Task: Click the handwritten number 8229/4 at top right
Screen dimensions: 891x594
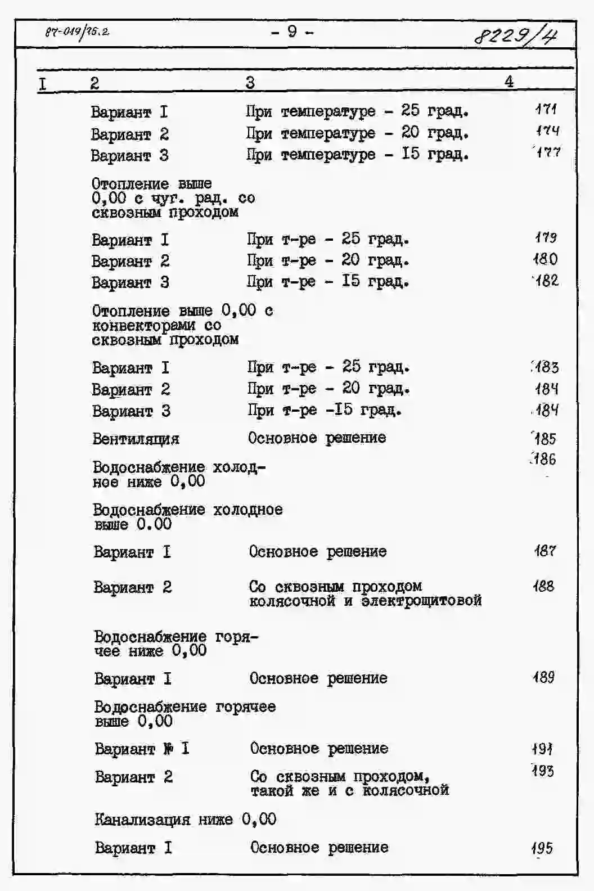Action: coord(516,36)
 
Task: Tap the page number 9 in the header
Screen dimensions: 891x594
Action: coord(292,31)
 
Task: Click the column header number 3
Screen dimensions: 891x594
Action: coord(250,83)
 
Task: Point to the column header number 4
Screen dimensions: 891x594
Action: coord(509,82)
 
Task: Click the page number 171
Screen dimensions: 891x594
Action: coord(546,109)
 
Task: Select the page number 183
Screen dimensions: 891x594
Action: coord(546,367)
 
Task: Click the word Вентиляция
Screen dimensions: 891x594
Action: coord(136,439)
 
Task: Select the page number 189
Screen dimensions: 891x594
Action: coord(544,677)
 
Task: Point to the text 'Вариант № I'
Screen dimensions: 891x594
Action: coord(142,749)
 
